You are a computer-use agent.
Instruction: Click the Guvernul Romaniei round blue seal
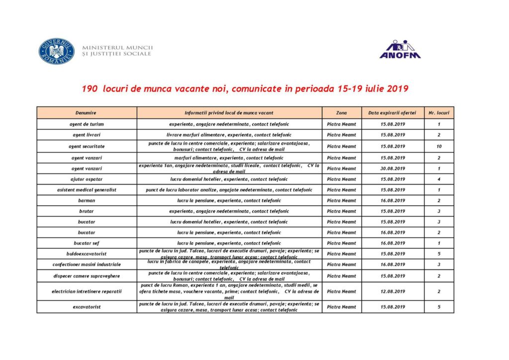click(x=57, y=51)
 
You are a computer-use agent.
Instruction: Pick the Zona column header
click(x=341, y=113)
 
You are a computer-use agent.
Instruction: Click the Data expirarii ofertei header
click(x=393, y=113)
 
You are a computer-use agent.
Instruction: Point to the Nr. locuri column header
click(x=439, y=113)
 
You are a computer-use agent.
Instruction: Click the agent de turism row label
click(x=86, y=124)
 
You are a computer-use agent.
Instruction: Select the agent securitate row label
click(x=86, y=146)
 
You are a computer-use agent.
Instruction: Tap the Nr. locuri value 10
click(x=439, y=146)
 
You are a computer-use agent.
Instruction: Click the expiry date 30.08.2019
click(x=393, y=169)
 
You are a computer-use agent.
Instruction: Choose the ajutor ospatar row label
click(x=86, y=179)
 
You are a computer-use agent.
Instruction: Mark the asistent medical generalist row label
click(x=86, y=190)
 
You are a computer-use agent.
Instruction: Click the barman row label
click(x=86, y=200)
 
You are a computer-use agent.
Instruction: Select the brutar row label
click(x=86, y=211)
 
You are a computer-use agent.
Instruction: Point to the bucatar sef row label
click(x=86, y=243)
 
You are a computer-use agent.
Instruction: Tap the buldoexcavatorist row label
click(x=86, y=254)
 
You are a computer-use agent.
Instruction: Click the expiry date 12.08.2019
click(x=393, y=291)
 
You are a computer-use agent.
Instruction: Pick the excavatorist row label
click(x=86, y=307)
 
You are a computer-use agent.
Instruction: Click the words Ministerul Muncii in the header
click(x=118, y=48)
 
